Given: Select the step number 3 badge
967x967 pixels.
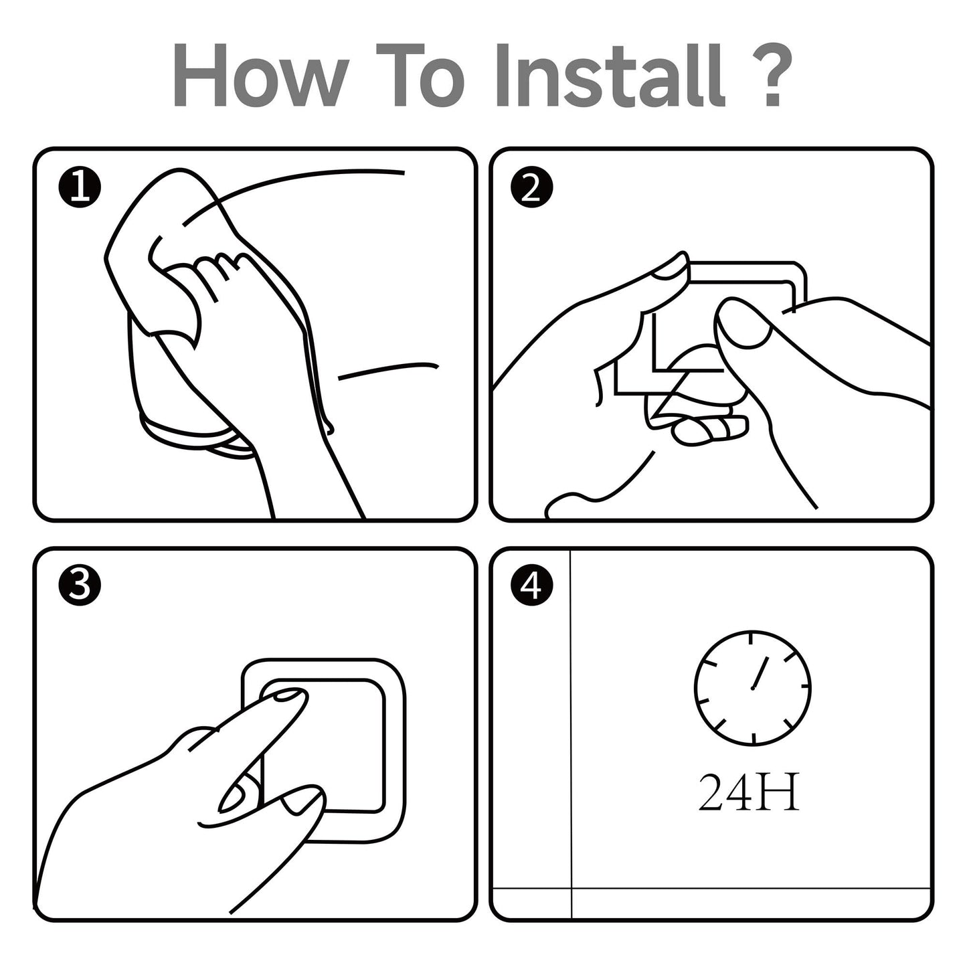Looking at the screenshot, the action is click(x=80, y=586).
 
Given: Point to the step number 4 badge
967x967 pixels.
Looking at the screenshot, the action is click(x=532, y=586).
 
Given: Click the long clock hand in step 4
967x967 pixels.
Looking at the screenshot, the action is click(x=760, y=673).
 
